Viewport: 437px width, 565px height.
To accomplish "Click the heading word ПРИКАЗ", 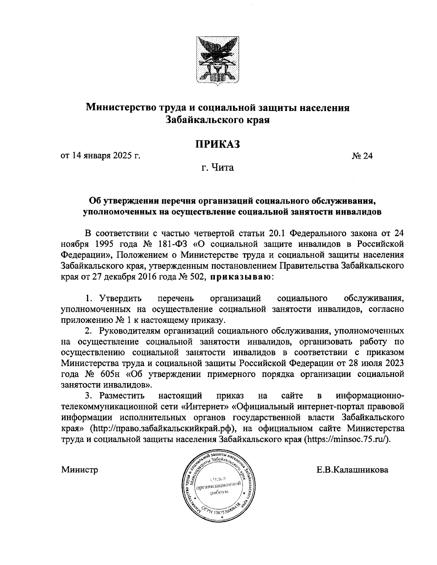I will point(218,144).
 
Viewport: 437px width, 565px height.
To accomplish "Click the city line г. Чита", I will point(218,168).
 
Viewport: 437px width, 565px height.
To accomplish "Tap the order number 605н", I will point(110,374).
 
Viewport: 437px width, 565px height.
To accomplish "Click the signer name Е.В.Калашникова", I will point(352,470).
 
